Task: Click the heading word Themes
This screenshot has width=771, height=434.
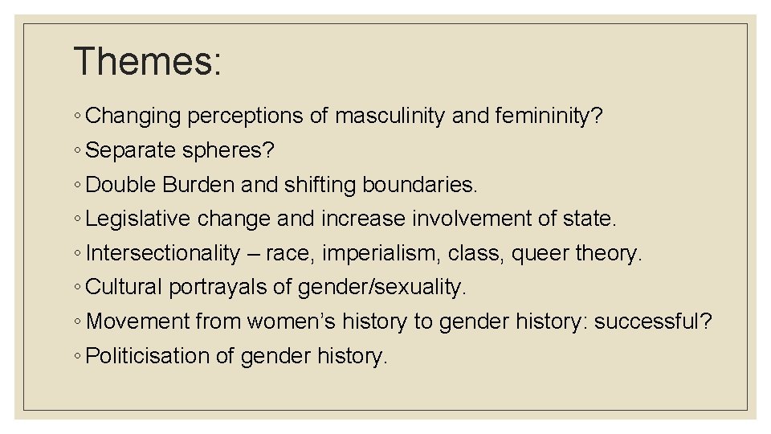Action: point(147,61)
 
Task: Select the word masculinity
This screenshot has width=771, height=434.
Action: point(390,117)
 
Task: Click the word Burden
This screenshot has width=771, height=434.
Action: point(198,185)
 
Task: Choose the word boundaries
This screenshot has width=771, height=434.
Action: point(420,185)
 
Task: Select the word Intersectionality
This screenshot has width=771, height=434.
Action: point(163,253)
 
